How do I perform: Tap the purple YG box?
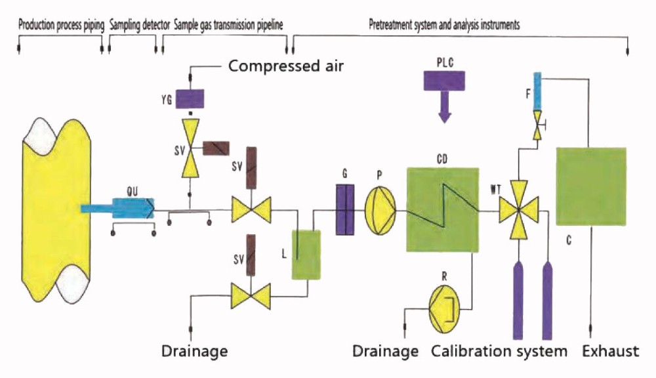click(190, 98)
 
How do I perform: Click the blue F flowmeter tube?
click(537, 91)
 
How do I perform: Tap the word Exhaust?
click(610, 351)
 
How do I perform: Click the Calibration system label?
click(499, 351)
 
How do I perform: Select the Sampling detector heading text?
click(134, 27)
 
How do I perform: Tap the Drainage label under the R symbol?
click(385, 351)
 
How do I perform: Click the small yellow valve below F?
click(537, 124)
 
